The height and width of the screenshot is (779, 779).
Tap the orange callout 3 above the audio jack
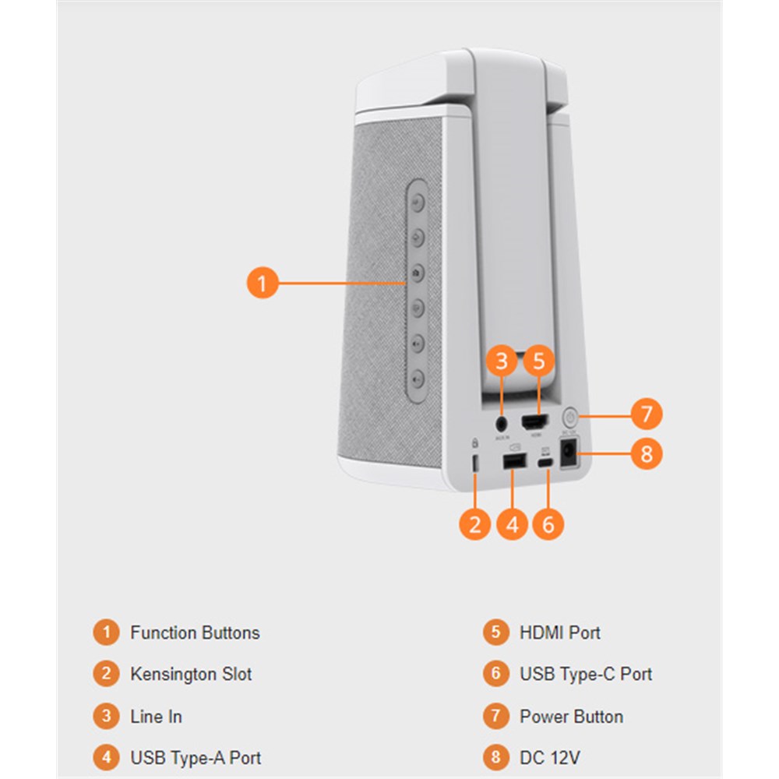502,361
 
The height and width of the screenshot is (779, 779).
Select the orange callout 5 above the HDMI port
539,361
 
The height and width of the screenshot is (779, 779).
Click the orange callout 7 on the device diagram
646,414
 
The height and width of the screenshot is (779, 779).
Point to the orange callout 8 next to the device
646,453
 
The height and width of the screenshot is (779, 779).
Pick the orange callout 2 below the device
475,524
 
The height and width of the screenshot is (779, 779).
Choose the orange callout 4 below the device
512,524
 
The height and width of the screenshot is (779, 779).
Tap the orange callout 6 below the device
548,524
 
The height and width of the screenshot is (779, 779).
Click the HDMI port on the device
534,424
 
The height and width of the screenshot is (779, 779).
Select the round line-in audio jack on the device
502,424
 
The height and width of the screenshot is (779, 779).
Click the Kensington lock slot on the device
475,462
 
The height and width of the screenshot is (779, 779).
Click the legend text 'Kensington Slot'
191,674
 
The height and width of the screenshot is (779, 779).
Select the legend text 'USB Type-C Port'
586,674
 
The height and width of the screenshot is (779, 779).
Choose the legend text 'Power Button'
571,716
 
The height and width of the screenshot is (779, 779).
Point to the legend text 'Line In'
156,716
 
